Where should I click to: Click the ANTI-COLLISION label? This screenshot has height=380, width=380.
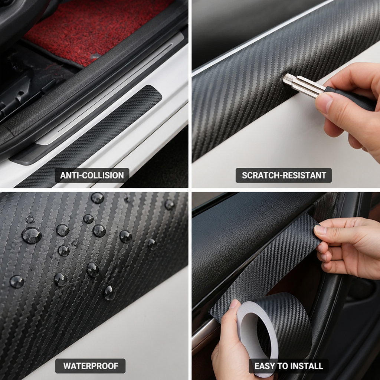(x=92, y=175)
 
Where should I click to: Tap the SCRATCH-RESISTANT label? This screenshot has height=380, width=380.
(x=284, y=175)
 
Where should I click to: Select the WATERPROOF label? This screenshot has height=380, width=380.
(x=91, y=366)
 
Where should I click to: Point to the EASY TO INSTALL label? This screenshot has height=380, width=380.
(x=288, y=366)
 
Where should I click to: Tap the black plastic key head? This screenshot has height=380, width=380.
(x=349, y=97)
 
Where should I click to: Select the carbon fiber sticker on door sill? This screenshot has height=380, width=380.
(x=90, y=136)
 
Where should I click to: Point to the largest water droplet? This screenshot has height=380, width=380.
(x=32, y=235)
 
